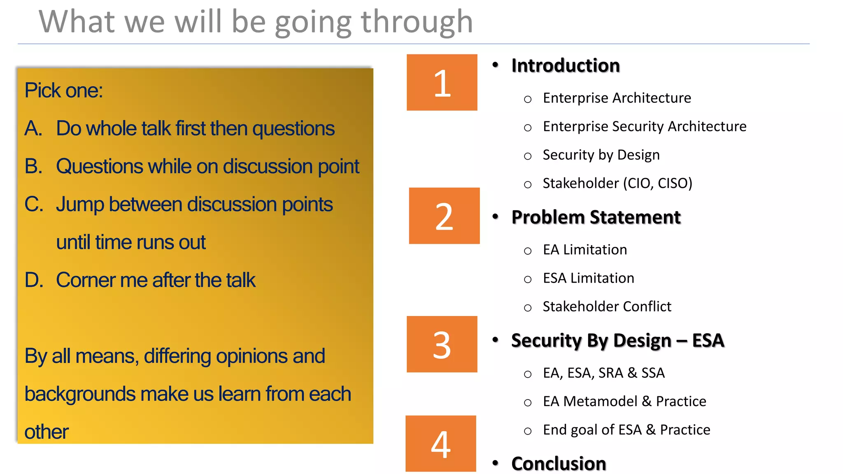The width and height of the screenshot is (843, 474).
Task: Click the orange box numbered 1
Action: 442,82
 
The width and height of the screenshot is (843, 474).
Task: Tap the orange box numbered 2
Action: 444,216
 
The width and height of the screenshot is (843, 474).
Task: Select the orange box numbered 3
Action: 442,344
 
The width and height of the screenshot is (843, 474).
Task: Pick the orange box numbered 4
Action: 440,444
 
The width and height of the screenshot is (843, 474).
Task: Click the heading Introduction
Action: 565,65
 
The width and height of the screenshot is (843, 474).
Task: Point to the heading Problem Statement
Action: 596,217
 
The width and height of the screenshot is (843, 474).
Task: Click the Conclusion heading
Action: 559,464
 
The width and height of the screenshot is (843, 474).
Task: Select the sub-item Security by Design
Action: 601,155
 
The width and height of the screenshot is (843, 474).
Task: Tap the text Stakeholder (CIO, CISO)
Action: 617,183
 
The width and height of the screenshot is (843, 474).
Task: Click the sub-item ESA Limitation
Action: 588,278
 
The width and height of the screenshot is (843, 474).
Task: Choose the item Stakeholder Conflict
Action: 607,307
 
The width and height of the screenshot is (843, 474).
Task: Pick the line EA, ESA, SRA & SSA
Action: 603,373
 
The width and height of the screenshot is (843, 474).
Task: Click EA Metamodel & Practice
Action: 624,401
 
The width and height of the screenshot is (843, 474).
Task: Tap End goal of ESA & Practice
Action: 626,430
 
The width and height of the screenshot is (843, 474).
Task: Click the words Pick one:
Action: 63,90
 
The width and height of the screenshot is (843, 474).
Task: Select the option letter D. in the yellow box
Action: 34,280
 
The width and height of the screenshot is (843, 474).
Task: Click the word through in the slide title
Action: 417,22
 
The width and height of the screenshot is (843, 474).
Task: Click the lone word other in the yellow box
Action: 46,432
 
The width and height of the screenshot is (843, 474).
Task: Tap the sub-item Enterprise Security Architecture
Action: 644,126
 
